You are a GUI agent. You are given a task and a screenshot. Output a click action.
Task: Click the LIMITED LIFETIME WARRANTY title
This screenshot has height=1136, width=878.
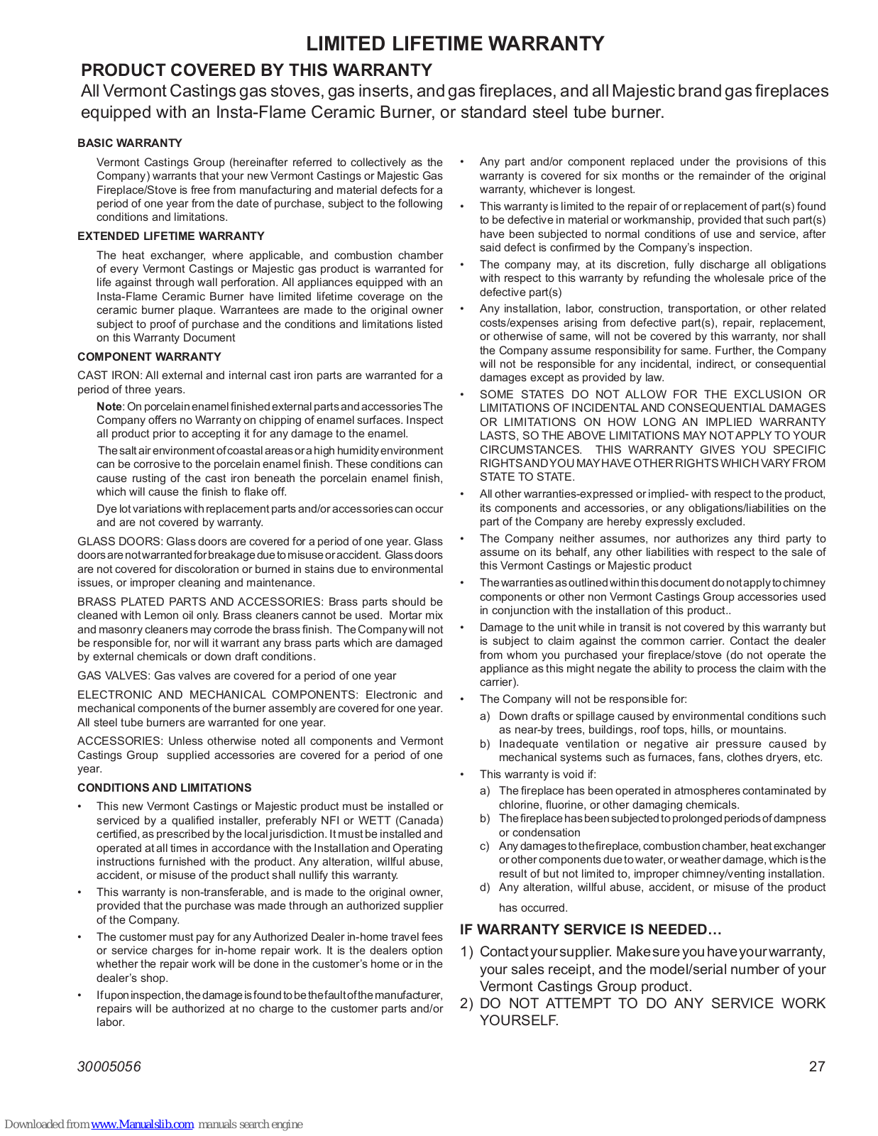coord(455,44)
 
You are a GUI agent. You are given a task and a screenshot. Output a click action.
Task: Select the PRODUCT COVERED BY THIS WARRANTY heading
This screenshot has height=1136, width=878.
coord(256,70)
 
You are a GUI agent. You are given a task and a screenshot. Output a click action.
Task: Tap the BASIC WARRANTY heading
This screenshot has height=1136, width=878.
coord(130,143)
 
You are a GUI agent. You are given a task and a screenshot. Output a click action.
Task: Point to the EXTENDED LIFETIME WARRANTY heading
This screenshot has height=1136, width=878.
coord(171,236)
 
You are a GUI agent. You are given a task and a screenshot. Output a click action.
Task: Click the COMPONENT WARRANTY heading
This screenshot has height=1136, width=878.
coord(149,357)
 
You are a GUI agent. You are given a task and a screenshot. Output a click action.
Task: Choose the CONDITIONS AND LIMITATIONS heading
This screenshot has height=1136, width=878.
coord(164,788)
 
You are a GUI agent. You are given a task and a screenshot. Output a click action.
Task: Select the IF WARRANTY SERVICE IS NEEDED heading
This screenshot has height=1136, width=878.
coord(591,930)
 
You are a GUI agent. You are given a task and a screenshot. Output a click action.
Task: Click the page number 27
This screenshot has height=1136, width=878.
coord(817,1066)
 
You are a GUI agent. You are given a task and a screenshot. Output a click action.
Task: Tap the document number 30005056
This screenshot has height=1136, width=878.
coord(109,1066)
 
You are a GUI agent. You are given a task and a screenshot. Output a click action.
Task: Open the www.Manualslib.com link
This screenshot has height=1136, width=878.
coord(142,1125)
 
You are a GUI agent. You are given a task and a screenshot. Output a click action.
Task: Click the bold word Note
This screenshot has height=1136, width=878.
coord(109,407)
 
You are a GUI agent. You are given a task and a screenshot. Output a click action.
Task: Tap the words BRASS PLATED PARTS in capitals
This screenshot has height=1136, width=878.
coord(142,602)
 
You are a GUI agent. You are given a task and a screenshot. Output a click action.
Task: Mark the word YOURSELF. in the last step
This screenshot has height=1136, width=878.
coord(519,1021)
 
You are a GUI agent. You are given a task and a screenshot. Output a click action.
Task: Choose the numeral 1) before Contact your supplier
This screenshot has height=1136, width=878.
coord(466,952)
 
